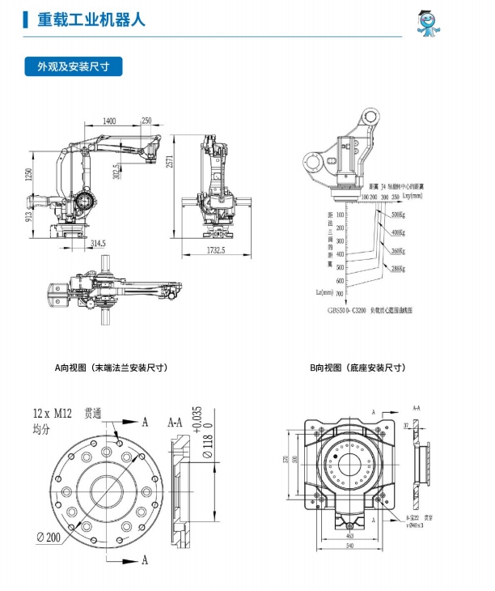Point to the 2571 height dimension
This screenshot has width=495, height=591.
pyautogui.click(x=168, y=162)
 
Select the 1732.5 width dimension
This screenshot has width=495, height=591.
pyautogui.click(x=215, y=249)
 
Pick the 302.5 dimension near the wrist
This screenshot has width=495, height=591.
pyautogui.click(x=117, y=172)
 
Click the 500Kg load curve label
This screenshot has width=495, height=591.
pyautogui.click(x=397, y=215)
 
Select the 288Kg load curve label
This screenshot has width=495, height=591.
pyautogui.click(x=397, y=268)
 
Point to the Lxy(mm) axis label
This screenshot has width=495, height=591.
pyautogui.click(x=412, y=196)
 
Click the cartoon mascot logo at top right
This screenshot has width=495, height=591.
pyautogui.click(x=430, y=22)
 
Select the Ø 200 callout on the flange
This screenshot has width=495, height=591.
pyautogui.click(x=51, y=535)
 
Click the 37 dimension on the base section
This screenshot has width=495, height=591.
pyautogui.click(x=406, y=423)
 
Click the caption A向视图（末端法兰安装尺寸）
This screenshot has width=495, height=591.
pyautogui.click(x=111, y=368)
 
